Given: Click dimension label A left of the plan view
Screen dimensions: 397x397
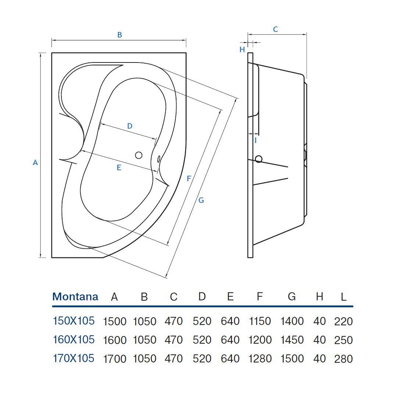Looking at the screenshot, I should click(x=35, y=162).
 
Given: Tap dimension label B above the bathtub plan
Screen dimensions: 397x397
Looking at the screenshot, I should click(x=119, y=35).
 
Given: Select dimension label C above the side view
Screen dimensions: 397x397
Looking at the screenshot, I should click(x=275, y=29).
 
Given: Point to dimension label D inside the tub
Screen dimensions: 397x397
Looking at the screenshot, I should click(x=129, y=126).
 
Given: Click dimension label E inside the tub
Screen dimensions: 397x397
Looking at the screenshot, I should click(x=119, y=168).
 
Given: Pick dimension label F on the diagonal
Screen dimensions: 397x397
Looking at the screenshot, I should click(x=189, y=179).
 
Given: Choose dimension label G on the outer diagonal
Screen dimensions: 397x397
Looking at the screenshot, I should click(x=201, y=200).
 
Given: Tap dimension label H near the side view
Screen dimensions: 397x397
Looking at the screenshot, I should click(x=242, y=50).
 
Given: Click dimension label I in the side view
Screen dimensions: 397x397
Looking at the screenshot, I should click(x=255, y=140).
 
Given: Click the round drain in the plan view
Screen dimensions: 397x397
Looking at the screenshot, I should click(x=139, y=155).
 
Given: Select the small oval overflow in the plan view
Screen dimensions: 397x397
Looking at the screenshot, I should click(x=159, y=159).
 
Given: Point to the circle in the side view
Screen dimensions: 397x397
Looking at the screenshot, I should click(x=258, y=159).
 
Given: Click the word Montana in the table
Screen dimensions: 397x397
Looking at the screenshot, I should click(x=75, y=297).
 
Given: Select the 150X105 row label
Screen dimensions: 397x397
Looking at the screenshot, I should click(x=74, y=321).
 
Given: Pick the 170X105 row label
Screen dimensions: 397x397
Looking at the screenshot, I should click(x=74, y=358).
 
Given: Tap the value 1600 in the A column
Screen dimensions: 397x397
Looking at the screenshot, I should click(x=115, y=340).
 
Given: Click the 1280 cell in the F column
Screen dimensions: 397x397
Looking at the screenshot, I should click(x=260, y=359).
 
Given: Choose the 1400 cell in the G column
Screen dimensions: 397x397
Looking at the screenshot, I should click(x=292, y=321).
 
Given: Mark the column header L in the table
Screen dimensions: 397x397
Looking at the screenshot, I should click(x=343, y=297).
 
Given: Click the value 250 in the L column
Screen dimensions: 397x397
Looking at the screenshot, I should click(x=343, y=340).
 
